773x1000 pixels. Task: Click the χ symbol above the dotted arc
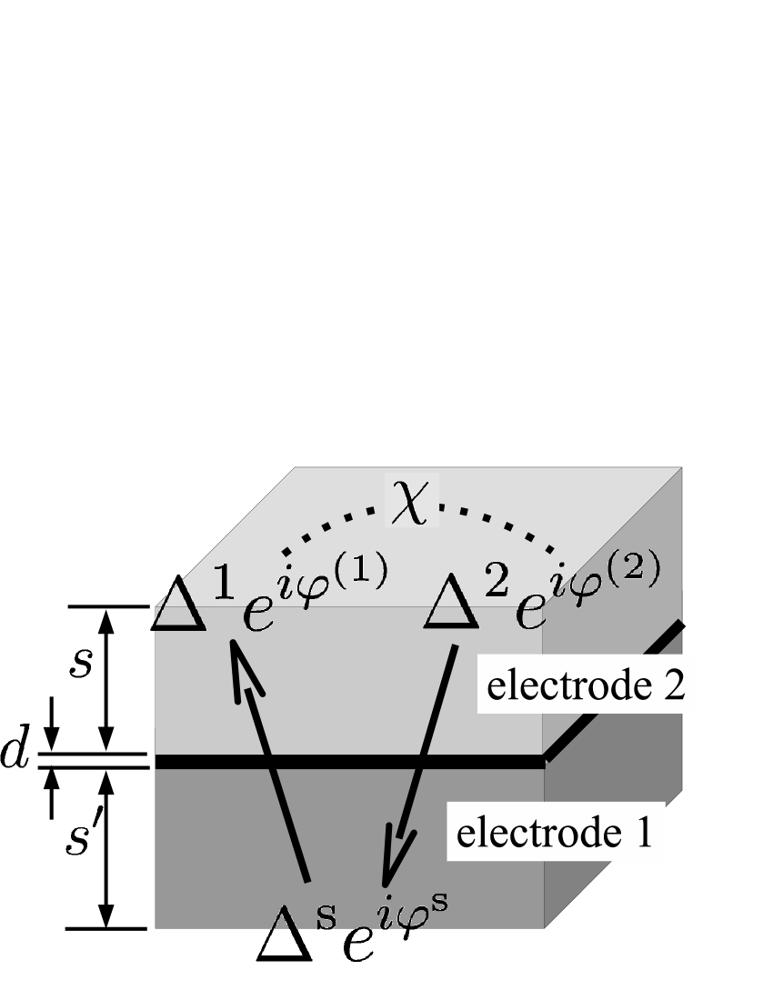412,501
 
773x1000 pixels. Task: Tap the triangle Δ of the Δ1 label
179,605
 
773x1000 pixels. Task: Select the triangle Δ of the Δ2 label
452,605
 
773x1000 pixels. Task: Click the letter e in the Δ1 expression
257,615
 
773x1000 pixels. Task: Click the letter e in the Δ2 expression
530,615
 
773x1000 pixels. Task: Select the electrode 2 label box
587,685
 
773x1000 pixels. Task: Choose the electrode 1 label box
555,832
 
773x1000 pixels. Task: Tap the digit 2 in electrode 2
674,685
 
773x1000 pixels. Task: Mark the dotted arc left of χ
327,525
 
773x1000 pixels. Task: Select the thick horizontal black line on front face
349,762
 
